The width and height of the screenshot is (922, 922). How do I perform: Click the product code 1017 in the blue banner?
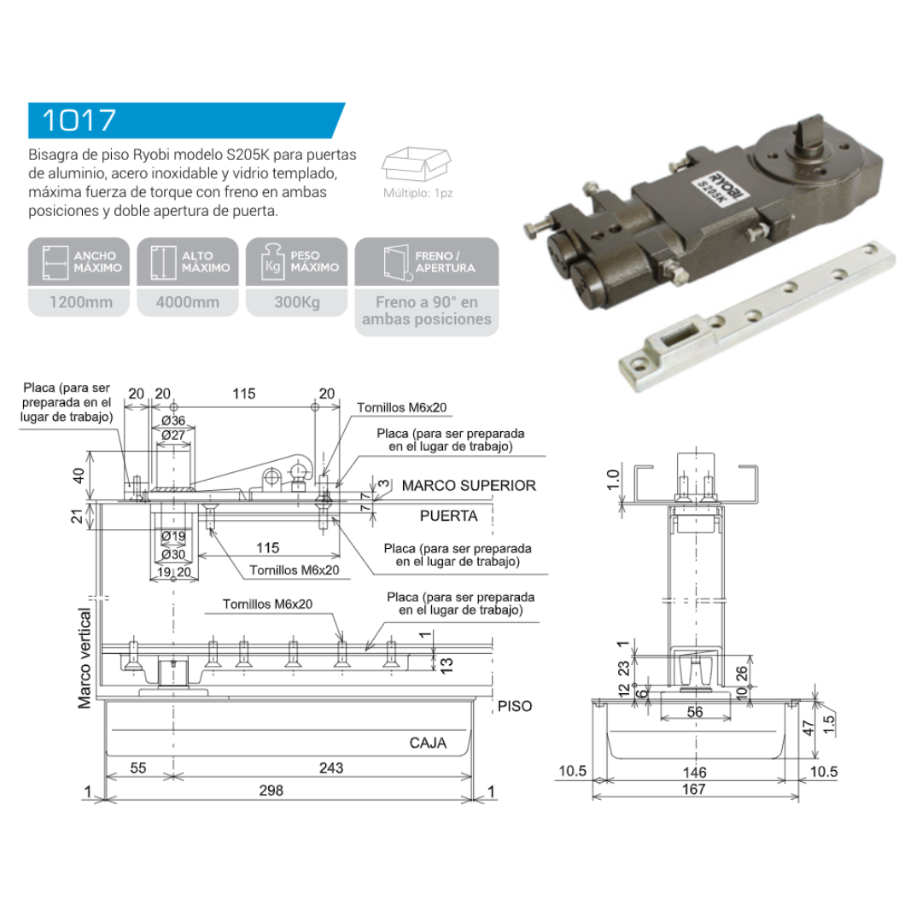(79, 120)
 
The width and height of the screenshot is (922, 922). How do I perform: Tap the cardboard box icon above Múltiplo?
(418, 165)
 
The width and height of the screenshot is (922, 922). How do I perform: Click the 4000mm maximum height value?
(188, 302)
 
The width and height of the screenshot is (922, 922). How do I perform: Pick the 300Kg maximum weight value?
(296, 302)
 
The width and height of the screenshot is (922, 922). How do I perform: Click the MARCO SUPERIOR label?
(469, 485)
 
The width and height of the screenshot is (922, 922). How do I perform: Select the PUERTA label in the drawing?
(449, 516)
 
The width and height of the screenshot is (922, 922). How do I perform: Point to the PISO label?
(515, 706)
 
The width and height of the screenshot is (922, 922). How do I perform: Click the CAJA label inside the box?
(428, 743)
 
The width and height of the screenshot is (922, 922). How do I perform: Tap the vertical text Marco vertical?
(85, 657)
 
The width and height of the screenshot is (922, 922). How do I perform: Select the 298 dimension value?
(271, 791)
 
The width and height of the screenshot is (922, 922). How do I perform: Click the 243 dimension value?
(331, 768)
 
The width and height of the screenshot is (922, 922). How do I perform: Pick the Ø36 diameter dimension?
(173, 420)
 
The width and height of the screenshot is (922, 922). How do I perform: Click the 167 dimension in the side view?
(695, 789)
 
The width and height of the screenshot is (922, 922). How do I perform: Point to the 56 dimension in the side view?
(695, 712)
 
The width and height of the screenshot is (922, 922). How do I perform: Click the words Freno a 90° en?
(427, 302)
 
